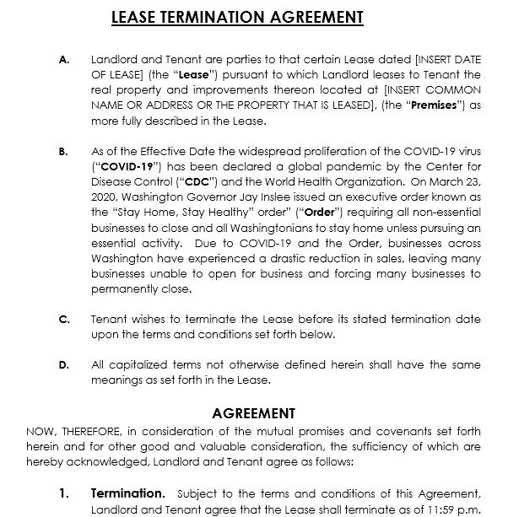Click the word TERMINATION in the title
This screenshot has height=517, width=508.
click(227, 18)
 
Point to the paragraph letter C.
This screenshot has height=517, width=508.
click(64, 320)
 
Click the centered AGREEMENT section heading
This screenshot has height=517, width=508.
click(253, 413)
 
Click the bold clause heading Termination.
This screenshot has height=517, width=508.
click(127, 492)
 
